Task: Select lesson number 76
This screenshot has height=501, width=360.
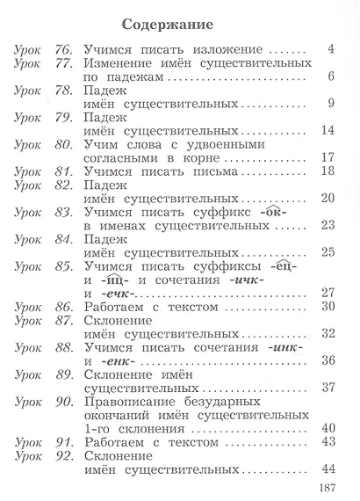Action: pos(63,48)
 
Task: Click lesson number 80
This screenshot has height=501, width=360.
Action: pos(62,143)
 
